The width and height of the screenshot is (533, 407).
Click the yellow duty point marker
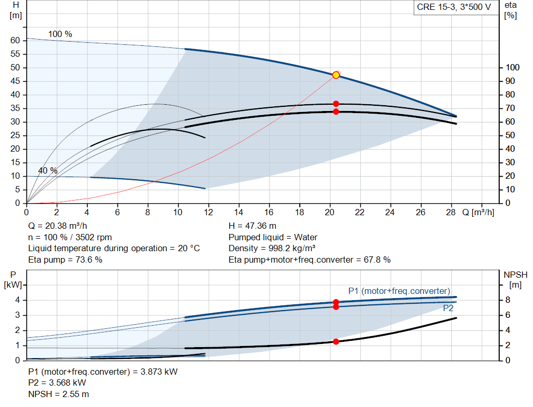pyautogui.click(x=336, y=75)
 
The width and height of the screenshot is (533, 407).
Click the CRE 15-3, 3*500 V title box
pyautogui.click(x=454, y=7)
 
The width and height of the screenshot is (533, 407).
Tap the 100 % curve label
pyautogui.click(x=60, y=34)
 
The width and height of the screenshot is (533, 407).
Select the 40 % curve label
pyautogui.click(x=48, y=171)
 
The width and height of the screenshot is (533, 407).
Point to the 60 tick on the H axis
pyautogui.click(x=15, y=41)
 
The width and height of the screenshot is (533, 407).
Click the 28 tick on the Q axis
pyautogui.click(x=451, y=213)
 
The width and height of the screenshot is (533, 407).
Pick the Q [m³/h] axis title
pyautogui.click(x=477, y=213)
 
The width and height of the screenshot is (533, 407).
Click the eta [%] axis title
pyautogui.click(x=510, y=10)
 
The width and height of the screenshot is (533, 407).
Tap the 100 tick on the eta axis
pyautogui.click(x=513, y=68)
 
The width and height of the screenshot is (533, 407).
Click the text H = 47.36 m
pyautogui.click(x=252, y=226)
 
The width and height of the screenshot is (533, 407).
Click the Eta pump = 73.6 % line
pyautogui.click(x=65, y=260)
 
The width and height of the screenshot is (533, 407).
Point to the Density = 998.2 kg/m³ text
pyautogui.click(x=272, y=249)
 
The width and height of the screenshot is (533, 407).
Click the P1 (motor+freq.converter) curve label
pyautogui.click(x=399, y=291)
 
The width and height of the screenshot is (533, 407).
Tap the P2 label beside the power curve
pyautogui.click(x=448, y=309)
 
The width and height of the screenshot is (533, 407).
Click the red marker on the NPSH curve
pyautogui.click(x=336, y=341)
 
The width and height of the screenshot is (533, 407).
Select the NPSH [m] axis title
pyautogui.click(x=515, y=279)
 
